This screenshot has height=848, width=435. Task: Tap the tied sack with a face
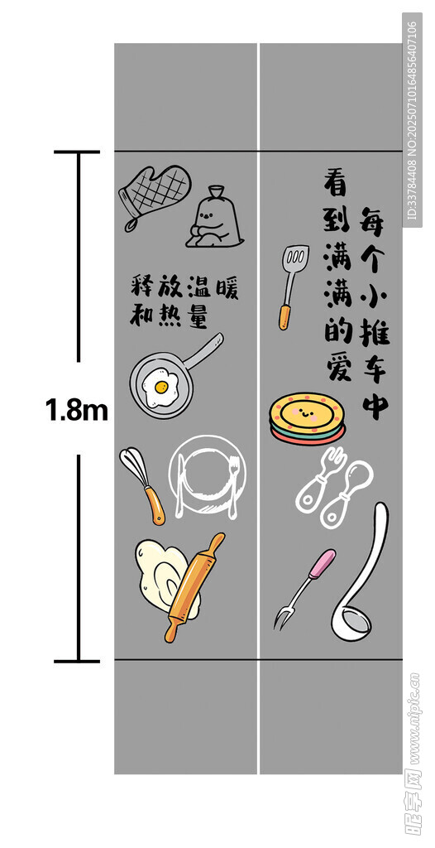pos(214,218)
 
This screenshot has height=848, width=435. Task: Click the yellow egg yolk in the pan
pos(161,387)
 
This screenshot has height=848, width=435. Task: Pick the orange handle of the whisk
pos(155,506)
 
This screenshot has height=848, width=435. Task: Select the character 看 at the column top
pos(337,182)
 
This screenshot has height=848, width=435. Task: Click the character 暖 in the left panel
pos(227,287)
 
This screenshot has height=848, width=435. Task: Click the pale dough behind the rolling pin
pos(160,573)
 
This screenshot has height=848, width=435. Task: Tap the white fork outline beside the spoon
pos(319,479)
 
